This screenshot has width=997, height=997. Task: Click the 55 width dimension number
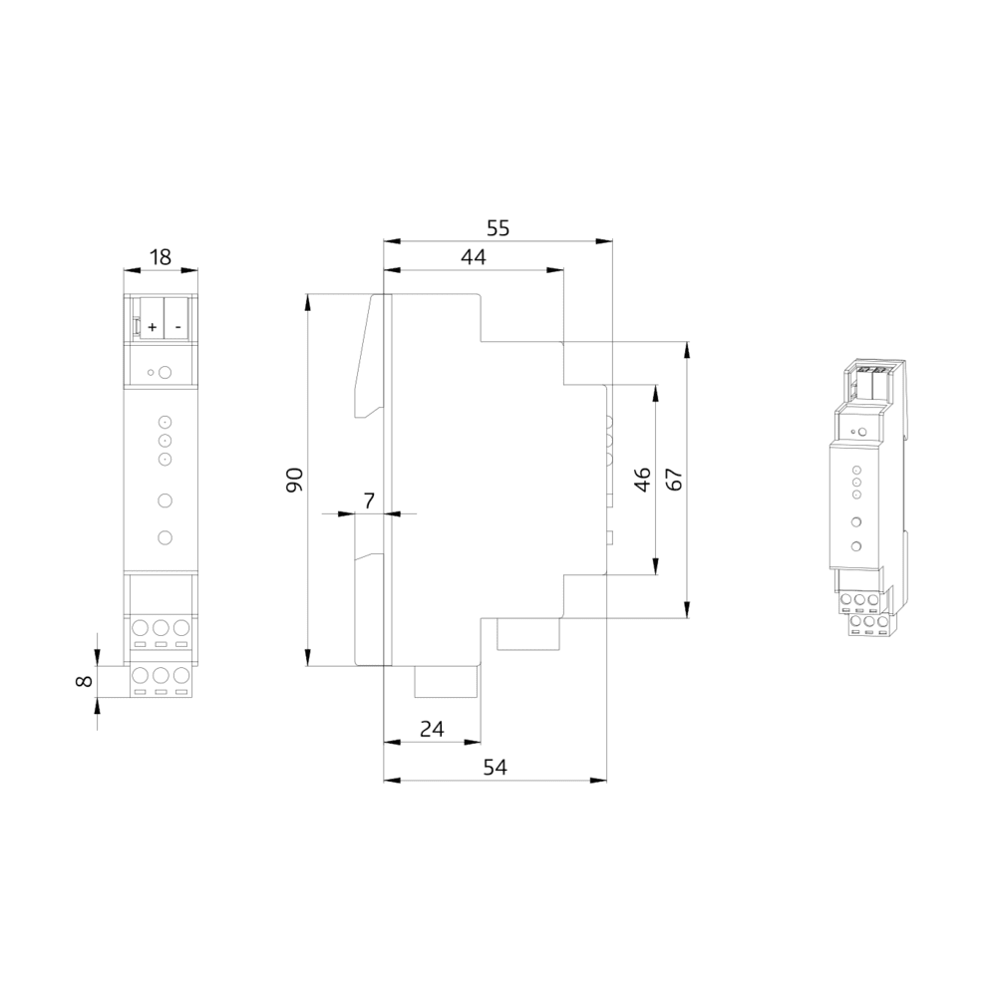(498, 227)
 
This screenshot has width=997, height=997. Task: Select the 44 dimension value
(474, 257)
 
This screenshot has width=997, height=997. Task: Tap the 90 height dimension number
(294, 481)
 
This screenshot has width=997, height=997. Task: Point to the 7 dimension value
(369, 500)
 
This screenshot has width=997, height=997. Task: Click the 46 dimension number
(643, 480)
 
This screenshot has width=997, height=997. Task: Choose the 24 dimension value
(433, 729)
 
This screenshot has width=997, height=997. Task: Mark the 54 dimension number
(496, 768)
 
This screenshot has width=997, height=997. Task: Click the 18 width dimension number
(161, 257)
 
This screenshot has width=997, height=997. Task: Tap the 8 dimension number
(84, 681)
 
